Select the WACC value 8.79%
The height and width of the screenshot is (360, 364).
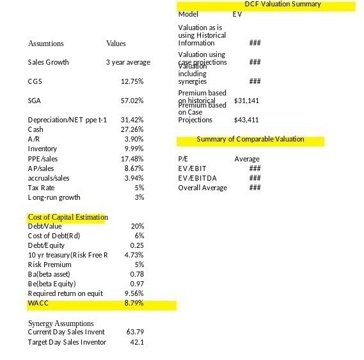(x=133, y=302)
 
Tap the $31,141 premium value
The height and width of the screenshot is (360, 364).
(x=246, y=101)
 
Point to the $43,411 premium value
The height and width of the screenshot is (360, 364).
(x=246, y=120)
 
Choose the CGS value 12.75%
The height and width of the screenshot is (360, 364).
(x=132, y=81)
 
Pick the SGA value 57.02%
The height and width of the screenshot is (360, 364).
(x=132, y=101)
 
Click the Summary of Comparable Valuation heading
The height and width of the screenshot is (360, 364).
(x=250, y=139)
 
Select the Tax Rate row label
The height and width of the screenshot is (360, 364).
(x=42, y=188)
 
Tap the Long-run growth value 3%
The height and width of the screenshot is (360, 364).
(x=139, y=197)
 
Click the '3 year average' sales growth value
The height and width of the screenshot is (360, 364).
(x=128, y=62)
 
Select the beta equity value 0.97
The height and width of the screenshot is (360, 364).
(x=136, y=283)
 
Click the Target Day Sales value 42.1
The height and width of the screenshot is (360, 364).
(x=136, y=342)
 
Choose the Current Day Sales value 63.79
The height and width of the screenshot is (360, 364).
(x=135, y=332)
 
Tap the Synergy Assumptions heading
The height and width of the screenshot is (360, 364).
(x=61, y=323)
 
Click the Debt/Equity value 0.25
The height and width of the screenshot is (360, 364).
(x=136, y=245)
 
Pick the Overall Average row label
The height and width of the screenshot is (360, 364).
(x=203, y=188)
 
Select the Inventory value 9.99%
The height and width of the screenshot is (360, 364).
(x=133, y=149)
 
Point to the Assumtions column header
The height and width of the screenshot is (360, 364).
(x=46, y=44)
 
